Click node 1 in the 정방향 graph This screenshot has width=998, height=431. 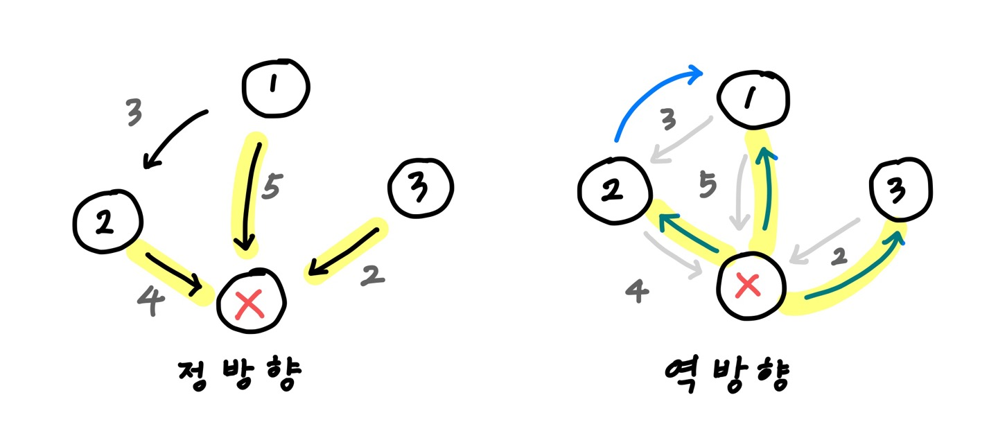(x=275, y=86)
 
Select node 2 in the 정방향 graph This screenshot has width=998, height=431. (x=107, y=221)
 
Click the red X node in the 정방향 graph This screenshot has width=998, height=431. (x=249, y=304)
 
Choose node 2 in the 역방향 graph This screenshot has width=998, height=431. (x=613, y=190)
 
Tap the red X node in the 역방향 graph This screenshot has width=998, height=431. (x=748, y=285)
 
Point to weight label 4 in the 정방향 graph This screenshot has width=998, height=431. (x=151, y=301)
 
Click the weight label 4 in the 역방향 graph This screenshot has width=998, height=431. (x=638, y=292)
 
